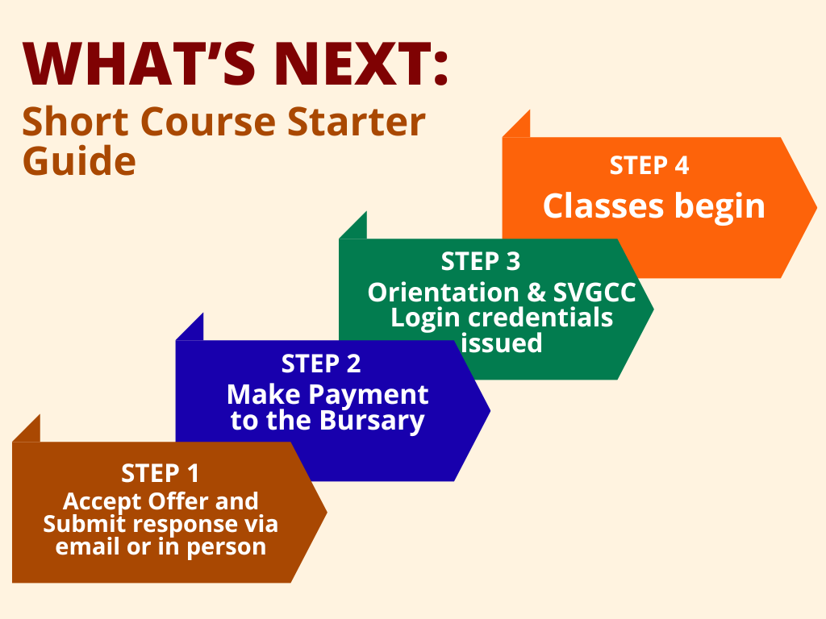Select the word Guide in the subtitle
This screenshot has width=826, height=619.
[x=79, y=160]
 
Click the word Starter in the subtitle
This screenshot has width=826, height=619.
[x=357, y=122]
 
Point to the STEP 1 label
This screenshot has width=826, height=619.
[x=161, y=473]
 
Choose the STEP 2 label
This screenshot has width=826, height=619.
[x=321, y=364]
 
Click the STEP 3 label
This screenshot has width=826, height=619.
[x=481, y=262]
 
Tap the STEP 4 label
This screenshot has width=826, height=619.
[x=649, y=165]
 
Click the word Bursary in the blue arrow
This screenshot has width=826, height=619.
[x=372, y=421]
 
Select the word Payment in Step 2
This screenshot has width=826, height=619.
[x=368, y=395]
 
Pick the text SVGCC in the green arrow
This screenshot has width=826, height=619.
[x=594, y=293]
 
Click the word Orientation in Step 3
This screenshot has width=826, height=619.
[x=444, y=293]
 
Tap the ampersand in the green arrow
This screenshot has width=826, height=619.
[x=536, y=293]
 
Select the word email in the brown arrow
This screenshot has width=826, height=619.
[x=87, y=546]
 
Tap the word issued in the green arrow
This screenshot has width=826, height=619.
[x=501, y=343]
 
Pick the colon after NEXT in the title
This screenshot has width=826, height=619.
[x=441, y=68]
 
